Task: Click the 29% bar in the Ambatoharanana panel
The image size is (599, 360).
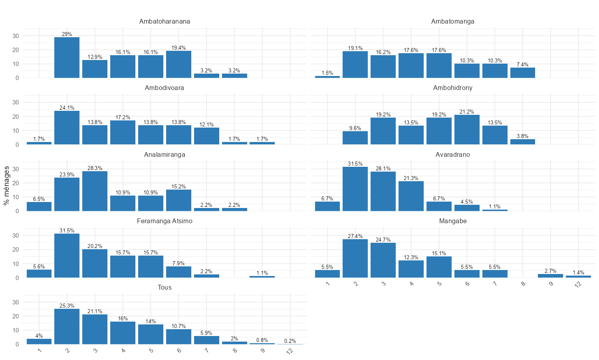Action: pyautogui.click(x=67, y=58)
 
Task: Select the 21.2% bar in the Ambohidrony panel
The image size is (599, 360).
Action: pyautogui.click(x=467, y=130)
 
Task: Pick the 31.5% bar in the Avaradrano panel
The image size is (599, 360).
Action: pyautogui.click(x=355, y=189)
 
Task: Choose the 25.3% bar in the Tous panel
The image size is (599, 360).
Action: pyautogui.click(x=67, y=326)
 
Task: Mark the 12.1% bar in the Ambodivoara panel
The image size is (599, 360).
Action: pyautogui.click(x=206, y=136)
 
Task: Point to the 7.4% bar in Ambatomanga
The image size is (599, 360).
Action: pyautogui.click(x=523, y=73)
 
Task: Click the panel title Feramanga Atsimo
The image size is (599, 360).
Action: pyautogui.click(x=165, y=221)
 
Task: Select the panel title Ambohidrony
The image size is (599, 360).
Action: pyautogui.click(x=453, y=88)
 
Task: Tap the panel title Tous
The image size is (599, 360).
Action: pyautogui.click(x=165, y=288)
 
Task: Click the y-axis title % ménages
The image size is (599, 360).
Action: pyautogui.click(x=6, y=185)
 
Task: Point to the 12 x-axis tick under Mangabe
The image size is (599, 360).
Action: pyautogui.click(x=577, y=284)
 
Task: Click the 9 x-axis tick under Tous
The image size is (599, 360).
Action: pyautogui.click(x=262, y=351)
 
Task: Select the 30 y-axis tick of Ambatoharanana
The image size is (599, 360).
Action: pyautogui.click(x=16, y=36)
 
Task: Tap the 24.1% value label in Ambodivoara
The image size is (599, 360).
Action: pyautogui.click(x=67, y=108)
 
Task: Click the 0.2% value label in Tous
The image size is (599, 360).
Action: pyautogui.click(x=290, y=341)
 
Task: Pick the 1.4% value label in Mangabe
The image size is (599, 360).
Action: pyautogui.click(x=578, y=273)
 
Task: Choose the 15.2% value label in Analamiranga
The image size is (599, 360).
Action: pyautogui.click(x=179, y=186)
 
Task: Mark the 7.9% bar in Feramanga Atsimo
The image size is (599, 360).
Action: pyautogui.click(x=179, y=272)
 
